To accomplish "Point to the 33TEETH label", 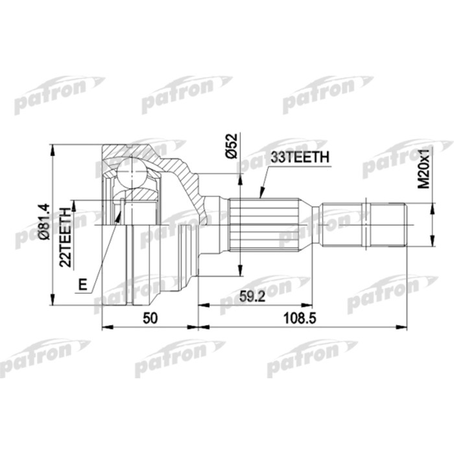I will (300, 157).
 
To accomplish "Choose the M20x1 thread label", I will (423, 169).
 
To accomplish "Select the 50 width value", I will (150, 318).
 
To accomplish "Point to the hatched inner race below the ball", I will (139, 194).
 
